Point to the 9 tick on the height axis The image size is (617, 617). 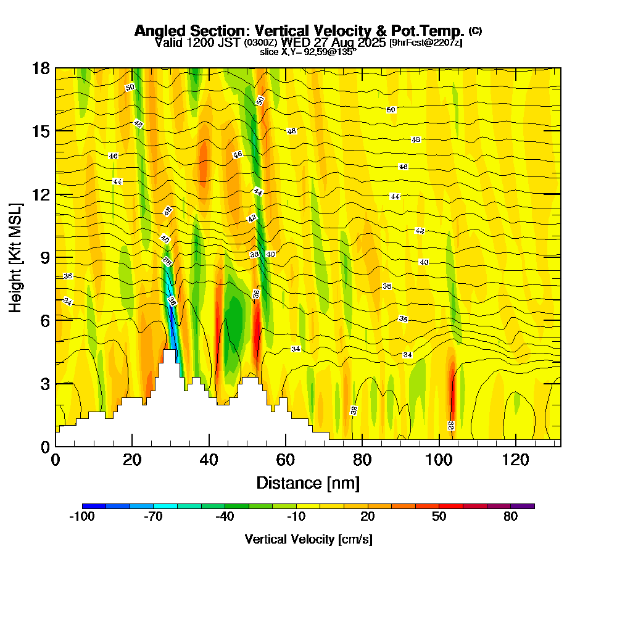[56, 257]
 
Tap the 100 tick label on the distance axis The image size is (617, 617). [439, 460]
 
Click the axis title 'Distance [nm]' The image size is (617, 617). [308, 482]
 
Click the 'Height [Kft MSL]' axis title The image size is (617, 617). [15, 257]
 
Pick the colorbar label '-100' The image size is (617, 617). [81, 517]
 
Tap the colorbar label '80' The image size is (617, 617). [510, 517]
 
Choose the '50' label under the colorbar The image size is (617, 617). [439, 517]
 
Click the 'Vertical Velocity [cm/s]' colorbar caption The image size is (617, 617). [308, 539]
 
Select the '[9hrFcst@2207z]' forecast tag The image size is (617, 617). [425, 43]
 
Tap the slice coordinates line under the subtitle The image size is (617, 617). [308, 52]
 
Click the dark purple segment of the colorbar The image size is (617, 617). [523, 506]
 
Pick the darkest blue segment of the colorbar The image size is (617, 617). [94, 506]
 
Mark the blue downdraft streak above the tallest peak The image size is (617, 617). [173, 321]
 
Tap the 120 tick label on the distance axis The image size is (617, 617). [515, 460]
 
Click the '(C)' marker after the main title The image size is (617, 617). [475, 30]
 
